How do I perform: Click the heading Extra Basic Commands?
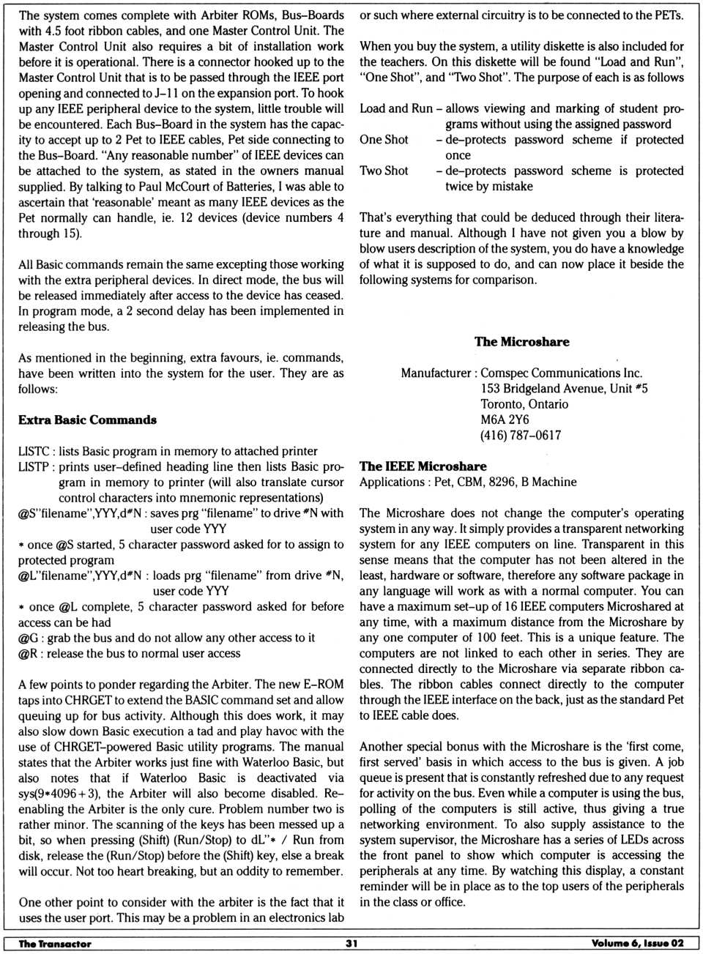pos(87,420)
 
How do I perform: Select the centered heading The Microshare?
pos(521,342)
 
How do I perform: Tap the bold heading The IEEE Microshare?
pos(423,466)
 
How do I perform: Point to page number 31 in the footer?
pos(351,943)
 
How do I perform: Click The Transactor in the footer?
pos(55,943)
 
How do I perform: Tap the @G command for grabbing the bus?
pos(29,638)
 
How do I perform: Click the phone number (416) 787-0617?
pos(521,435)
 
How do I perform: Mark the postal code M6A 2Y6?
pos(505,420)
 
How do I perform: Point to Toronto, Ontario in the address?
pos(524,404)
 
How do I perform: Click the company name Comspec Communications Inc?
pos(561,373)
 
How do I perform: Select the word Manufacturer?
pos(436,373)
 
